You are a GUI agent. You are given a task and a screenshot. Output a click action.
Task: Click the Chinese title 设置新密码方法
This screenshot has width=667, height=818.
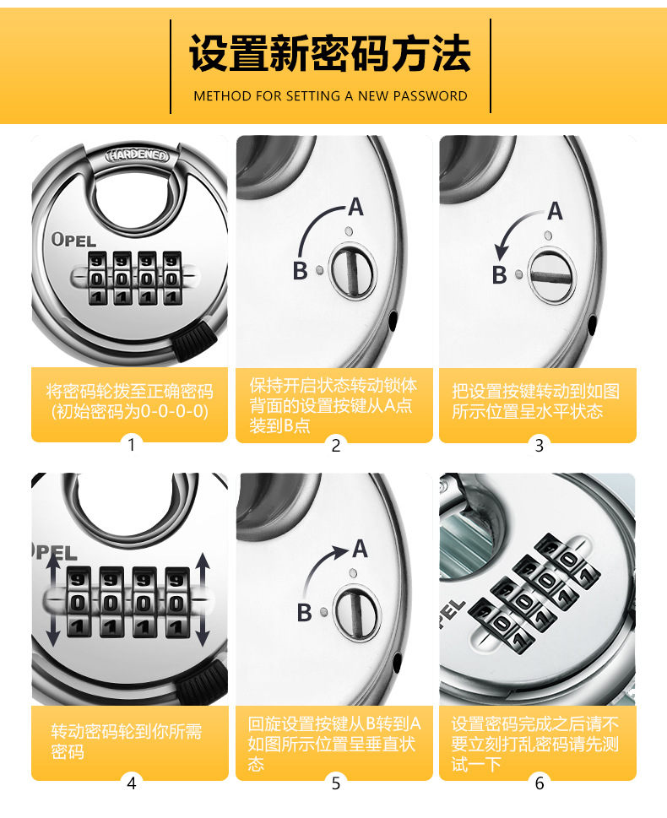click(330, 53)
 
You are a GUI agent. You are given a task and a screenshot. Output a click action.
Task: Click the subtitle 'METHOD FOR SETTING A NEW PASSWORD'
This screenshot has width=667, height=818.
click(330, 96)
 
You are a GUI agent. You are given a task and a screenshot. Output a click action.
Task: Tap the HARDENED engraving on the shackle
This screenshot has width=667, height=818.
click(138, 155)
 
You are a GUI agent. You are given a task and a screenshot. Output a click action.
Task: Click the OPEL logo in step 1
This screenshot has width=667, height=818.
click(73, 240)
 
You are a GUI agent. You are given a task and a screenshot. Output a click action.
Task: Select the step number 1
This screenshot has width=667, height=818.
click(132, 445)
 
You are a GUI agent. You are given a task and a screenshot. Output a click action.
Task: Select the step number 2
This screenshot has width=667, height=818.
click(335, 446)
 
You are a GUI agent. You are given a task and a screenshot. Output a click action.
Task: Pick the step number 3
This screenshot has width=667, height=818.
click(540, 446)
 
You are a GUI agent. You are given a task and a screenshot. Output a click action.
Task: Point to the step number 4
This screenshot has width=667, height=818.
click(132, 783)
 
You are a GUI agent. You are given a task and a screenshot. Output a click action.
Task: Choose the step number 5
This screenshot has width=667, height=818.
click(335, 783)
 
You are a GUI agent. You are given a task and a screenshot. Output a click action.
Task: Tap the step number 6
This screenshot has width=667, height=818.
click(540, 783)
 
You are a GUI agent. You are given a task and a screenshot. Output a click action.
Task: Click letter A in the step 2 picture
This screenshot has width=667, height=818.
click(355, 207)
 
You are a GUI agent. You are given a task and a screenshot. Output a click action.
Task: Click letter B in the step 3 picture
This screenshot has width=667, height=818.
click(500, 274)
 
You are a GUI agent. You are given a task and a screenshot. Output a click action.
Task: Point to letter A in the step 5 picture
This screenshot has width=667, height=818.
click(360, 549)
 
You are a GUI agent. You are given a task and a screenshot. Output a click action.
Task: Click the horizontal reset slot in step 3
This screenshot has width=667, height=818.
click(552, 277)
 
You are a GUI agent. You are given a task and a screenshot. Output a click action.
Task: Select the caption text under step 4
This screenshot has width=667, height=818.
click(127, 741)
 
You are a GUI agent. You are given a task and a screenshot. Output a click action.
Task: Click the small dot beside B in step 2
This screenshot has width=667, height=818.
click(319, 271)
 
